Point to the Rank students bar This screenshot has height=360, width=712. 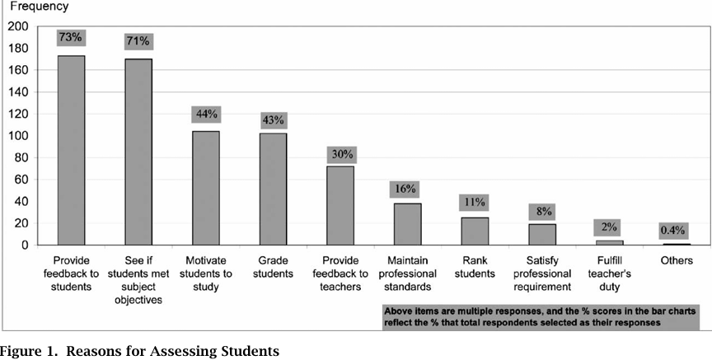[475, 231]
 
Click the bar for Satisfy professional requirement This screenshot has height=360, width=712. [541, 234]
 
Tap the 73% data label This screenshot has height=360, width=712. [71, 38]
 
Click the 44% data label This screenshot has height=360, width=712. [205, 114]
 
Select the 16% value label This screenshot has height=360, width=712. [406, 188]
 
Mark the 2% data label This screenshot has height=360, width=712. [608, 227]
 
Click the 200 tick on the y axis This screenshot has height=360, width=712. [17, 26]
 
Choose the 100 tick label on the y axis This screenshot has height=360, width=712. [17, 136]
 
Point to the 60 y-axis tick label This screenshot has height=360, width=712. [21, 180]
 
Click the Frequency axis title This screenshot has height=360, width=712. [34, 7]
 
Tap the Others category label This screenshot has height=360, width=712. [676, 261]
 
